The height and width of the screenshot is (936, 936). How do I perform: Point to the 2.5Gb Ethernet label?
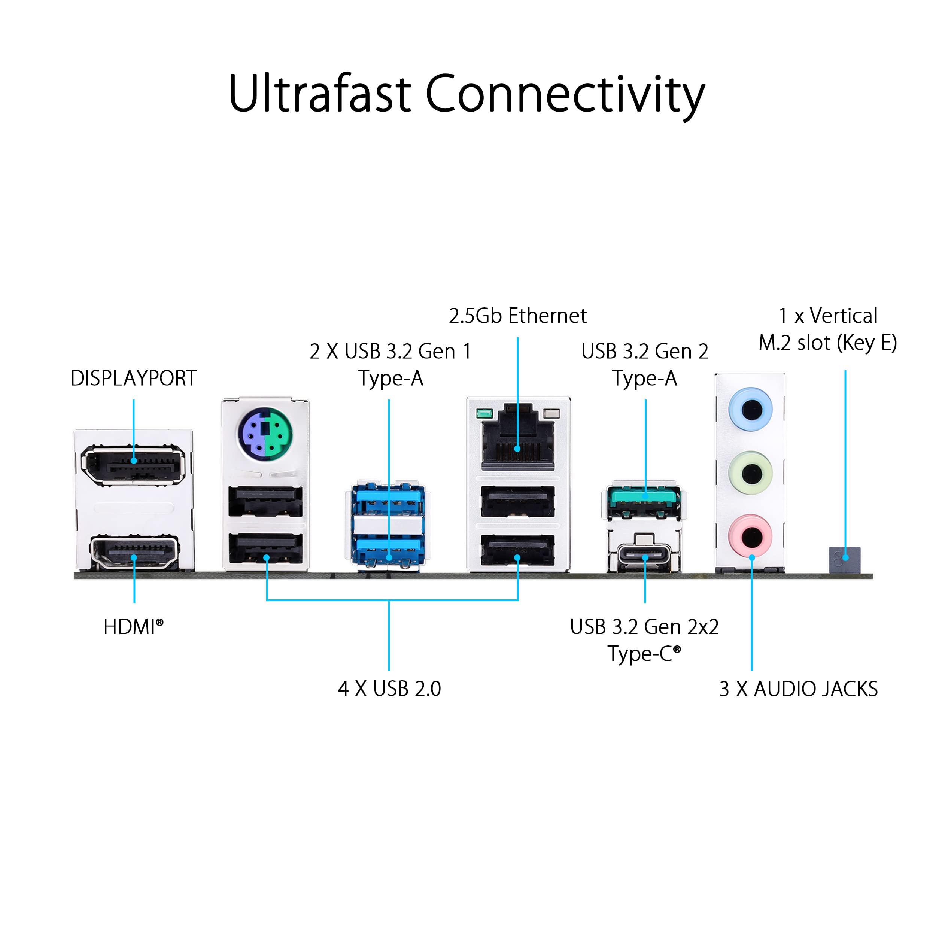pos(517,316)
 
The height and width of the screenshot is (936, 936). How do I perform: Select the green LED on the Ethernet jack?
pos(484,414)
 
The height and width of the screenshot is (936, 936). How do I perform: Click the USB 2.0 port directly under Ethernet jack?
pos(517,501)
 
